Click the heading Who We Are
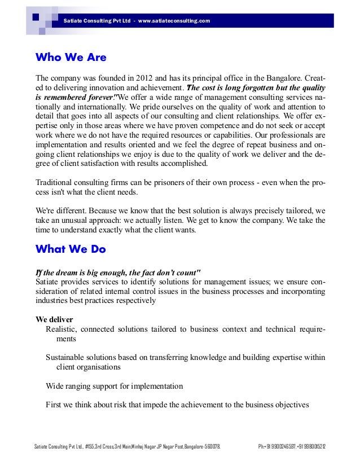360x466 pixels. pos(71,58)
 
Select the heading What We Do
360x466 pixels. pos(71,248)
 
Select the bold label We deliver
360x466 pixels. pos(54,319)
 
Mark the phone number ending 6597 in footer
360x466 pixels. pos(280,447)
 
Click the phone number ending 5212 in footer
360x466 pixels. pos(313,447)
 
